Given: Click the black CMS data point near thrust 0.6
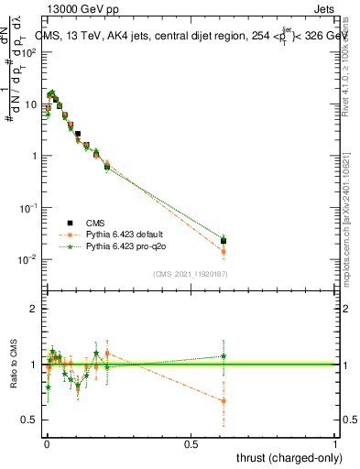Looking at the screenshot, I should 224,241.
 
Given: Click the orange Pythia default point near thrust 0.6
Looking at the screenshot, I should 224,251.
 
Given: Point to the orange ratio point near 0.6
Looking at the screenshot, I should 224,400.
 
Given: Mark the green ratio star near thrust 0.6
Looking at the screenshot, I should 224,355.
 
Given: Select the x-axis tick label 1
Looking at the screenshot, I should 335,444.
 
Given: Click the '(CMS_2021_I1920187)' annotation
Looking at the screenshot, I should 190,274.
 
